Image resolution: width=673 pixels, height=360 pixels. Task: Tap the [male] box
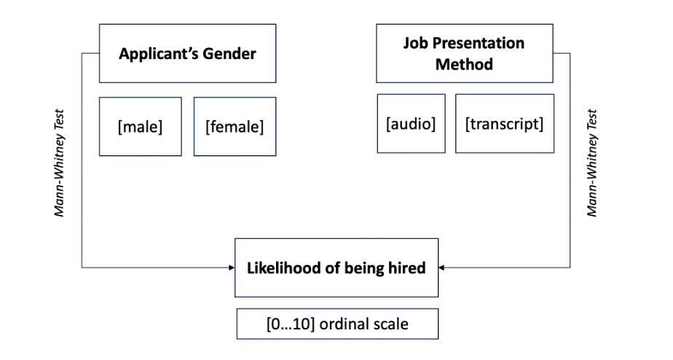pos(140,126)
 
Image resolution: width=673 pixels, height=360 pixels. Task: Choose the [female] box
pos(235,126)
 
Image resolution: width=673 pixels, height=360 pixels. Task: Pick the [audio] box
pos(411,123)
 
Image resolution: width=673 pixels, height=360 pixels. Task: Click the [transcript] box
pos(504,123)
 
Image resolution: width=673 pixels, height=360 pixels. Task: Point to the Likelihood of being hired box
pos(336,267)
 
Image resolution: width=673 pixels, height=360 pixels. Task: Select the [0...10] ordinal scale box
pos(336,324)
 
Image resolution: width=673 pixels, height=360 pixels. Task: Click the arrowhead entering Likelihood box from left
pos(229,268)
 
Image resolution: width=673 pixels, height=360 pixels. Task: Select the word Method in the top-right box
pos(464,64)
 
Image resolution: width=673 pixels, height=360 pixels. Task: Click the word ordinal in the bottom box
pos(347,324)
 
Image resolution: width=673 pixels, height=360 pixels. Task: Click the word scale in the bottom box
pos(390,324)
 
